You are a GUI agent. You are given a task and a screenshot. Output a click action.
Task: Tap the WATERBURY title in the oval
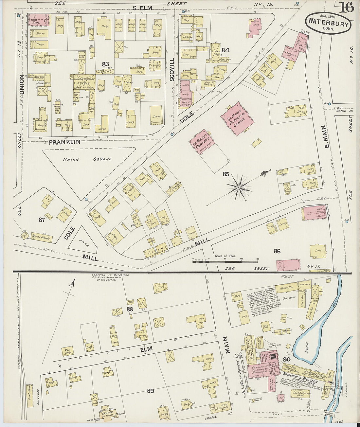tap(328, 23)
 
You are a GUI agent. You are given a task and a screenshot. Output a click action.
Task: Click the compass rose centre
tap(239, 187)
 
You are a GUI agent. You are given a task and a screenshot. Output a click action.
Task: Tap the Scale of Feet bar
tap(225, 261)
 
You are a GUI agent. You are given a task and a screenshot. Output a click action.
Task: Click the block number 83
tap(105, 64)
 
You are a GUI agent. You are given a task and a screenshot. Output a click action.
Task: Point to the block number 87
tap(41, 220)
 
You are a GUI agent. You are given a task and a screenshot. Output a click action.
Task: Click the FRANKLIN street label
tap(64, 142)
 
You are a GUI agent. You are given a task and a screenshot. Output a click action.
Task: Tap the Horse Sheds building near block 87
tap(40, 237)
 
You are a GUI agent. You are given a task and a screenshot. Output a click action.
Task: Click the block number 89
tap(150, 390)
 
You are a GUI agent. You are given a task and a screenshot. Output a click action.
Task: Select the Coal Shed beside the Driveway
tap(30, 396)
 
